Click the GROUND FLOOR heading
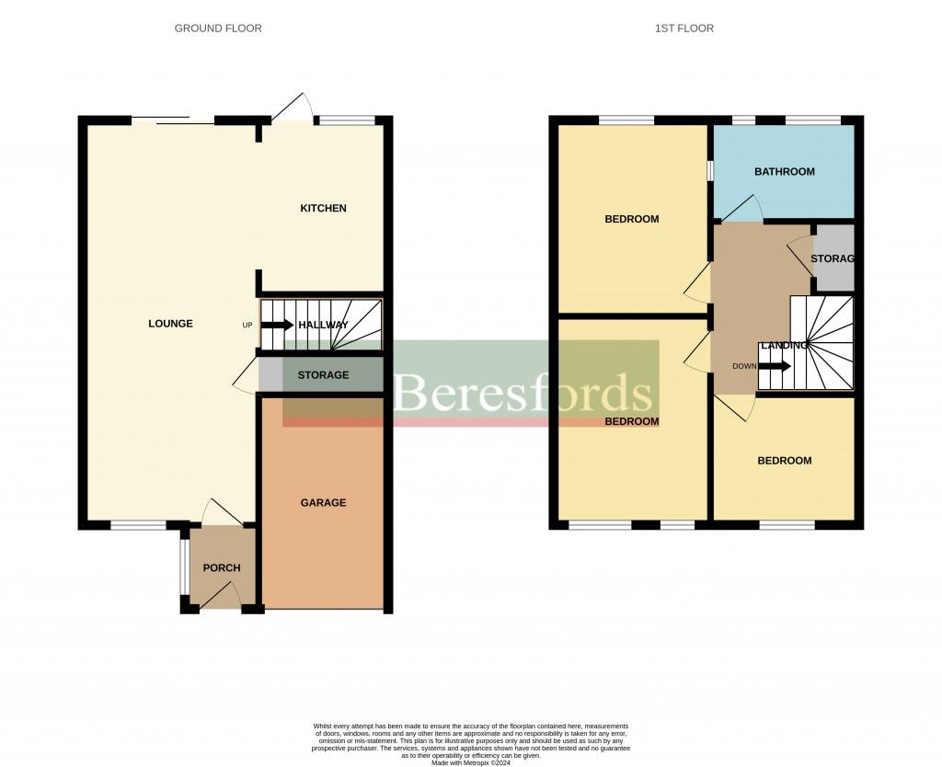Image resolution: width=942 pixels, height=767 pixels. [x=218, y=29]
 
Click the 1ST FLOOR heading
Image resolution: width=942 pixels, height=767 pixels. [x=684, y=29]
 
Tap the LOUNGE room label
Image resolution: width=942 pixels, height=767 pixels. [x=170, y=324]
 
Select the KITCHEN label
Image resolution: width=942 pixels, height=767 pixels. [x=323, y=209]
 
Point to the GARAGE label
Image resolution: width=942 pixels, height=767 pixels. [x=323, y=503]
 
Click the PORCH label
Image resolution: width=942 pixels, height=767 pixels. [x=221, y=568]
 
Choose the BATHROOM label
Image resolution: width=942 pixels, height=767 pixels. [x=784, y=172]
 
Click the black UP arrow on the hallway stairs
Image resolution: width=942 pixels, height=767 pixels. [x=277, y=325]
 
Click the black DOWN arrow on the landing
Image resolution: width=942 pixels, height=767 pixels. [x=775, y=366]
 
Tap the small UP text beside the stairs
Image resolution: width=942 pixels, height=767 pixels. [x=247, y=326]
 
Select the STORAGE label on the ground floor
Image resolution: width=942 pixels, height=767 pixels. [x=323, y=375]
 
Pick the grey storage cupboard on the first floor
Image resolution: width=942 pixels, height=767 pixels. [x=834, y=259]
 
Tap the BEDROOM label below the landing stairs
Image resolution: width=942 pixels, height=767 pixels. [x=784, y=461]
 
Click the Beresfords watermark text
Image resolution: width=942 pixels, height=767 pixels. [x=523, y=394]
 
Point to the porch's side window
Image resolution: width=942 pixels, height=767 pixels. [x=183, y=567]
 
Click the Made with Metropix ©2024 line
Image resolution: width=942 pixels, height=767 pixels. [x=470, y=762]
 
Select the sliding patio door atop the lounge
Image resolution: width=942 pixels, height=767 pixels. [x=173, y=119]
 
